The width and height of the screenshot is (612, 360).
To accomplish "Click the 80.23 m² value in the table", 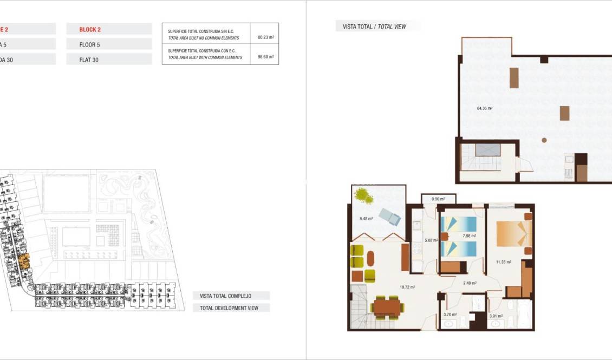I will [265, 38].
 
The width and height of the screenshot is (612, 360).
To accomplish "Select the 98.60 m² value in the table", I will [265, 56].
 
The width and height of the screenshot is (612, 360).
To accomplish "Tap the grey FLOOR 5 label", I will [90, 45].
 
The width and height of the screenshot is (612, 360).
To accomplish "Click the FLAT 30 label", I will [89, 60].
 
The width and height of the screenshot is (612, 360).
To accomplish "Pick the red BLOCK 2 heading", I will [90, 30].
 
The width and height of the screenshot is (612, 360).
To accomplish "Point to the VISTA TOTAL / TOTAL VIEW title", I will [374, 27].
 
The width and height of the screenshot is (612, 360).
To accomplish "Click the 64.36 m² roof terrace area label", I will [484, 108].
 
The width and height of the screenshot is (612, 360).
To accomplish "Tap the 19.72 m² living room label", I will [407, 287].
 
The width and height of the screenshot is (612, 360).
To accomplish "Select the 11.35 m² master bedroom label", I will [504, 263].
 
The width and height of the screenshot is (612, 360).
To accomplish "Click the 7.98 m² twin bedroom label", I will [469, 236].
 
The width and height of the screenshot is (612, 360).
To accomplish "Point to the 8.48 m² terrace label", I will [366, 219].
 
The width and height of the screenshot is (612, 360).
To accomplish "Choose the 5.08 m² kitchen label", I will [431, 240].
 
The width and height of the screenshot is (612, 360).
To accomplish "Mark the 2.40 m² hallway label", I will [469, 283].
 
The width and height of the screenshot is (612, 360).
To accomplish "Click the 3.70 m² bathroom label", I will [450, 315].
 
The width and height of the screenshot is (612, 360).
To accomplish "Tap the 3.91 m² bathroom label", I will [496, 316].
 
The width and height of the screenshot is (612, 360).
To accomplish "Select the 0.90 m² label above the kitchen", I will [438, 199].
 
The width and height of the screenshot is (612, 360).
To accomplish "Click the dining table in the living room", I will [387, 307].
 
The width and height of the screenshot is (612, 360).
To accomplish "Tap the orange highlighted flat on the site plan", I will [24, 263].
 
